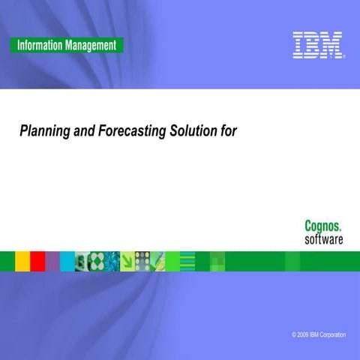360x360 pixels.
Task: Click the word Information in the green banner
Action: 38,45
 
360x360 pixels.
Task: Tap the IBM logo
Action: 318,45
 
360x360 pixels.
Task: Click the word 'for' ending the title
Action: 229,131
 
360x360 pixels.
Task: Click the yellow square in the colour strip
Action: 22,260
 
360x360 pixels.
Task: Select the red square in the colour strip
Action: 37,260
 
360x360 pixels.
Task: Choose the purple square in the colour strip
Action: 52,260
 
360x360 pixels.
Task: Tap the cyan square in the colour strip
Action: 67,260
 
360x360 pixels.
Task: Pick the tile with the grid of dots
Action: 142,260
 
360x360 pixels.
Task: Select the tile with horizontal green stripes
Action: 187,260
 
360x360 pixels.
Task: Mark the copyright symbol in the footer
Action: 295,334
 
